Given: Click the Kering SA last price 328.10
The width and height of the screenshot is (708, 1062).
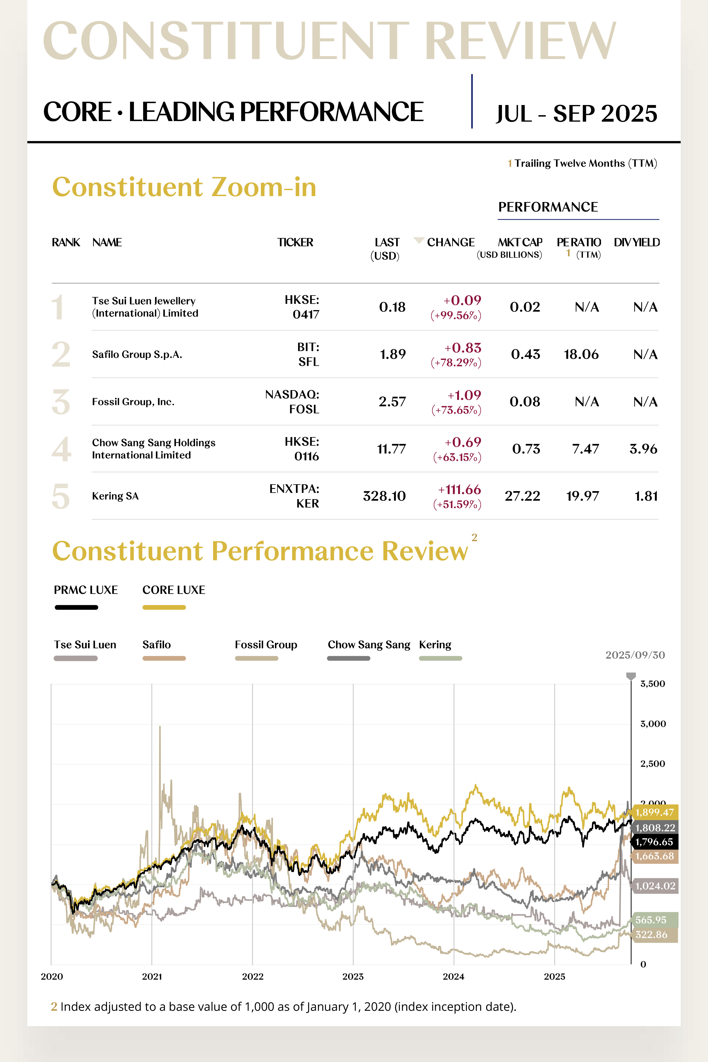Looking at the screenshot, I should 384,496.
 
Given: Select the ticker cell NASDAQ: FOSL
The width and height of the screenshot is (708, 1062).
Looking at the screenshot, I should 293,402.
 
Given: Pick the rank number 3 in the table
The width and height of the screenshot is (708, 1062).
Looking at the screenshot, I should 61,402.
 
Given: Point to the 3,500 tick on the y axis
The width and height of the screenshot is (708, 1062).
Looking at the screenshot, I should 653,684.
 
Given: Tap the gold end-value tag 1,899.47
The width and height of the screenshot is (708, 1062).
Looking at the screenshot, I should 654,812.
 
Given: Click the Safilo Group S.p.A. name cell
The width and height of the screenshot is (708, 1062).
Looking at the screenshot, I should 137,354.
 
